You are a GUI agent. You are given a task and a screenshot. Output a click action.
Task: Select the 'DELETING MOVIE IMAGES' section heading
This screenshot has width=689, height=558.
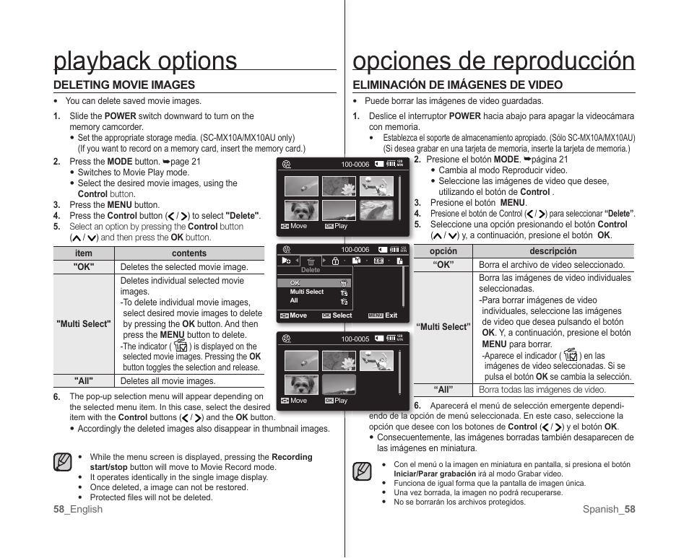pyautogui.click(x=124, y=85)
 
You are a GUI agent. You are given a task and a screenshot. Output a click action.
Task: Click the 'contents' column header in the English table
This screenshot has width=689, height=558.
pyautogui.click(x=188, y=253)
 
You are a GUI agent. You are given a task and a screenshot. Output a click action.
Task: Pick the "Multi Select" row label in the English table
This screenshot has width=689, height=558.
pyautogui.click(x=84, y=324)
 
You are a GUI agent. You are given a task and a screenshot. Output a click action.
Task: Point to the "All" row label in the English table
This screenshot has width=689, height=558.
pyautogui.click(x=84, y=381)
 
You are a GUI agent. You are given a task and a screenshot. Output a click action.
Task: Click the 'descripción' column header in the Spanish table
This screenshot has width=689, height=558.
pyautogui.click(x=552, y=251)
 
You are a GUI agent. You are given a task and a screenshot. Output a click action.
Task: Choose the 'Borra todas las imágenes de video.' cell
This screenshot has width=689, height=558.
pyautogui.click(x=542, y=390)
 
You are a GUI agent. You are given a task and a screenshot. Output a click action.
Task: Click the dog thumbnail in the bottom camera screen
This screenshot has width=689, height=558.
pyautogui.click(x=301, y=385)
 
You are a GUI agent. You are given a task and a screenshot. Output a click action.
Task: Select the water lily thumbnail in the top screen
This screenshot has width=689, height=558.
pyautogui.click(x=339, y=186)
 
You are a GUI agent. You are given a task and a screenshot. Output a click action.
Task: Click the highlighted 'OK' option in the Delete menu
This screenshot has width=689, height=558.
pyautogui.click(x=295, y=283)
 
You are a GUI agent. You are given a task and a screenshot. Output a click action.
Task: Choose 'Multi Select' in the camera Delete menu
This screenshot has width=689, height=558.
pyautogui.click(x=307, y=292)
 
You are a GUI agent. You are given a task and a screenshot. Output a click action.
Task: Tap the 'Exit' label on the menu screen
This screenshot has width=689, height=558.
pyautogui.click(x=391, y=315)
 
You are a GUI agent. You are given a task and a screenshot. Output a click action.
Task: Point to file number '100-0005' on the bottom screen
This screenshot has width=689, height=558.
pyautogui.click(x=355, y=339)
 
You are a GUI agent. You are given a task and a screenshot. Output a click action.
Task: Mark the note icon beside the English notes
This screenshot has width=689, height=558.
pyautogui.click(x=62, y=463)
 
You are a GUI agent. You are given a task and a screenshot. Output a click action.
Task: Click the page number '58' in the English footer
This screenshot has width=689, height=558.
pyautogui.click(x=58, y=510)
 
